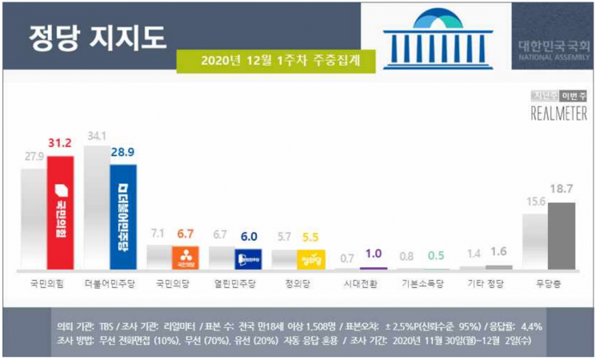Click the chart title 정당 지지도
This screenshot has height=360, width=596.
[97, 37]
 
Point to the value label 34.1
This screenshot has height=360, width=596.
[96, 137]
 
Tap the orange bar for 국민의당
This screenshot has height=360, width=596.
[186, 258]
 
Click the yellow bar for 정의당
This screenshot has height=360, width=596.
[310, 259]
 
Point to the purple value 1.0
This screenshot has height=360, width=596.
[374, 254]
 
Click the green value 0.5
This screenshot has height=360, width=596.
[436, 255]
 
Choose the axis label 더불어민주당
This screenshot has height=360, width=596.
[110, 283]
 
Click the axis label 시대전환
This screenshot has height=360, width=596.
[359, 283]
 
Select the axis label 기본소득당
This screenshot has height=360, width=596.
[422, 283]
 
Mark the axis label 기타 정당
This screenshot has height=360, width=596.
[485, 283]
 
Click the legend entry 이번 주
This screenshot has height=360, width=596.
[574, 95]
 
